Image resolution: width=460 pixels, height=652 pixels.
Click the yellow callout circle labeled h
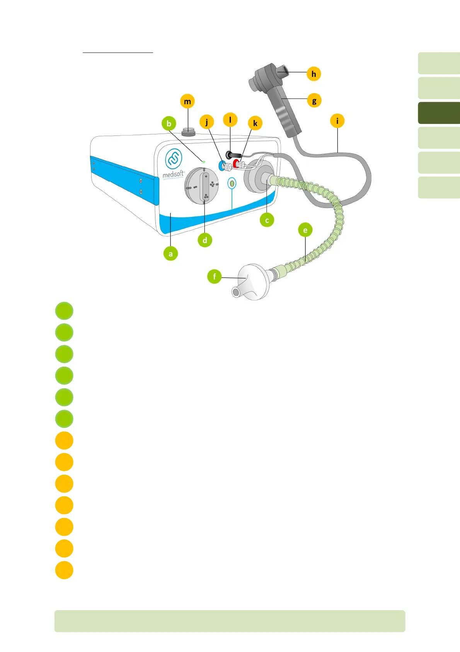click(x=313, y=74)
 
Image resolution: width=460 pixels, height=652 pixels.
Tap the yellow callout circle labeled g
click(x=314, y=101)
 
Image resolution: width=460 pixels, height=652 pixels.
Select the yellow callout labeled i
click(x=337, y=121)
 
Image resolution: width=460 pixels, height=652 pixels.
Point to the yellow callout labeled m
click(x=187, y=101)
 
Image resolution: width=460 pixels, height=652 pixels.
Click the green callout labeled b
click(x=169, y=124)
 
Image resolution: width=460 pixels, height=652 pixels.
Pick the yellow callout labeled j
click(x=207, y=122)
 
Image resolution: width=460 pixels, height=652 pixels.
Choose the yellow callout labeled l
click(x=230, y=120)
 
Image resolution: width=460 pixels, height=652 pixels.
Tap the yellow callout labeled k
click(x=255, y=123)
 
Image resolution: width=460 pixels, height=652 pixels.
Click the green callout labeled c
click(x=267, y=220)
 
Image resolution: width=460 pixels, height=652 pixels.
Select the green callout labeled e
click(x=305, y=230)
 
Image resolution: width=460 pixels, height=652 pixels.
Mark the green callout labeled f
click(x=214, y=276)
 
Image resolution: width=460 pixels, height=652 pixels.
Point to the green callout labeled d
click(x=204, y=240)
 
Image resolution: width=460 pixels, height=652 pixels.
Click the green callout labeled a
click(x=170, y=254)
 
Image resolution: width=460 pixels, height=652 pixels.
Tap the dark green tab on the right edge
click(x=439, y=113)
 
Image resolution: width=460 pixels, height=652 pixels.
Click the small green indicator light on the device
click(x=204, y=161)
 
